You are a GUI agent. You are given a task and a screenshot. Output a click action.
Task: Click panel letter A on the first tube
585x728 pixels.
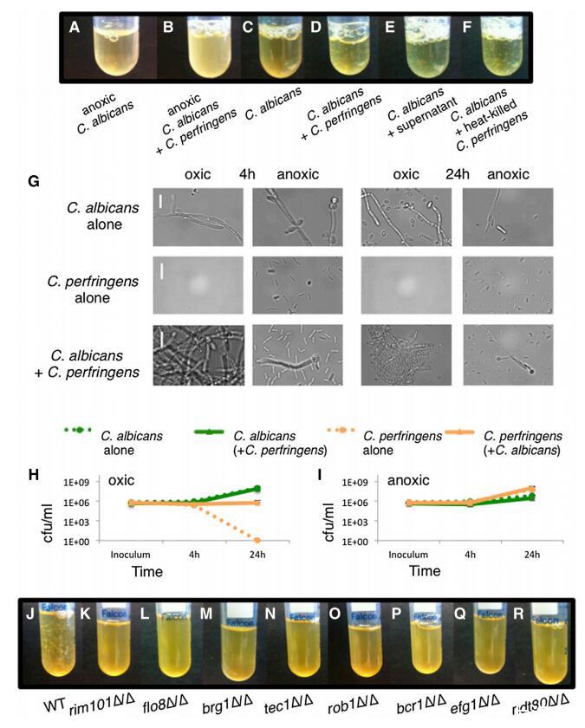click(75, 26)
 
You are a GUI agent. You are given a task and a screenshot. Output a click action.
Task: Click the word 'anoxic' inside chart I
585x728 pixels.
click(380, 477)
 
